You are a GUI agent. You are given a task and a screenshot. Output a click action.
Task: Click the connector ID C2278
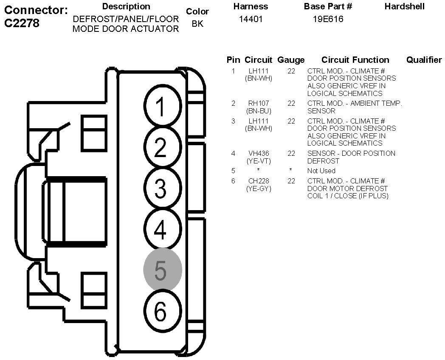point(22,23)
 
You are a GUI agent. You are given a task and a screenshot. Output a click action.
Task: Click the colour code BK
point(197,24)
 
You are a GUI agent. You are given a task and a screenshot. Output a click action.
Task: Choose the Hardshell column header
point(404,6)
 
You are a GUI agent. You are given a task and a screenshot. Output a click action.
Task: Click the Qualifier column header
point(424,60)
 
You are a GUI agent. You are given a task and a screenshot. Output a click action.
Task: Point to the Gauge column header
point(291,60)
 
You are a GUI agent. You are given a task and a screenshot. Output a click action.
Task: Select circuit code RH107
point(258,103)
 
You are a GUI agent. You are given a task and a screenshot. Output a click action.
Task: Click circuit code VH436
point(258,153)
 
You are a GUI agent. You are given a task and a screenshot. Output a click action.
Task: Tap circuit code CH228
point(258,181)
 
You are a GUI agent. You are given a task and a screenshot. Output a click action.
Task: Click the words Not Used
point(321,171)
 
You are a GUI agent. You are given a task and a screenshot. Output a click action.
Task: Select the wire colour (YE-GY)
point(258,188)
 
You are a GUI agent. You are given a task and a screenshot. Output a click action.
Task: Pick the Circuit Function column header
point(355,60)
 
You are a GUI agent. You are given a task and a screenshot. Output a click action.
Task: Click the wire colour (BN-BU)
point(258,111)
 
